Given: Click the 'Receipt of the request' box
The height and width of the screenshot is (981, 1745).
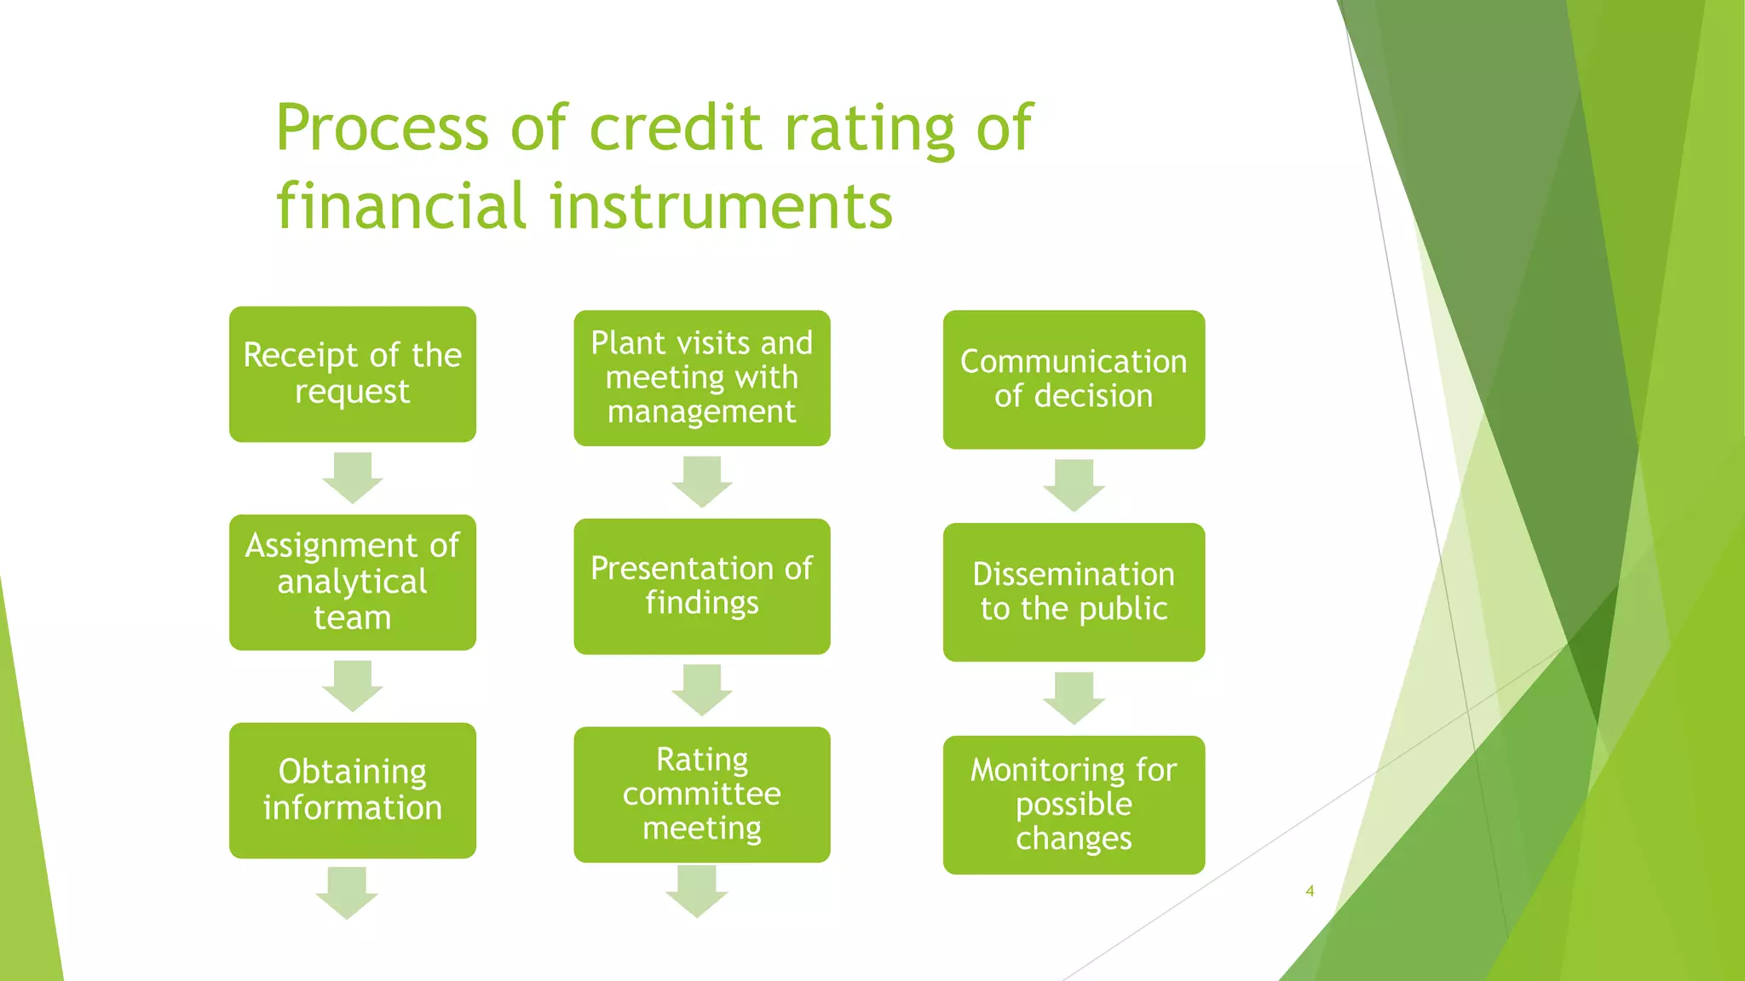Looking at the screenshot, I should (x=352, y=374).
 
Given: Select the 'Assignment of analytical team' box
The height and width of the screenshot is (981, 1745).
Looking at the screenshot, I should (x=352, y=582).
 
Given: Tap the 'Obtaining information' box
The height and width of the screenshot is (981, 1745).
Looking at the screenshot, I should (x=352, y=790).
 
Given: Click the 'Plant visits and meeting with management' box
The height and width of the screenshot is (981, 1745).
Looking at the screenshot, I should (x=701, y=378).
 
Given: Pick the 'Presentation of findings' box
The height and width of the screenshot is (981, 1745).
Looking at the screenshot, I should (x=701, y=586).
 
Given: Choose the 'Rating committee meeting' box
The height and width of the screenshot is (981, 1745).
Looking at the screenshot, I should (x=701, y=795).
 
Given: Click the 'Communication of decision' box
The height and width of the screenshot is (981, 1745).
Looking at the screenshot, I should (x=1074, y=380).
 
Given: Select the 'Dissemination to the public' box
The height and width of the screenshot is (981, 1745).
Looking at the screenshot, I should (x=1074, y=592).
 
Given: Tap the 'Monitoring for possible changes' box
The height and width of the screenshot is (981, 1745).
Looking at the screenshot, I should (x=1074, y=805).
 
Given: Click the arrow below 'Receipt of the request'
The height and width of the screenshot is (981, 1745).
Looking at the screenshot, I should (x=352, y=478).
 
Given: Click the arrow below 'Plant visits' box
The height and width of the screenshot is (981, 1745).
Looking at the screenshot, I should (x=701, y=482).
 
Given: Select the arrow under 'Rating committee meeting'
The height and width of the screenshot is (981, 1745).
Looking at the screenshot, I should (x=696, y=891).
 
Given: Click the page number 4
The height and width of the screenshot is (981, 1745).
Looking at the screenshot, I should (x=1310, y=891).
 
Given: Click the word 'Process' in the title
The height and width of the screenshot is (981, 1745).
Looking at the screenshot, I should (x=382, y=128).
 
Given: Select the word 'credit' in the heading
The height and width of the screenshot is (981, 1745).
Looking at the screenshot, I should (x=675, y=128).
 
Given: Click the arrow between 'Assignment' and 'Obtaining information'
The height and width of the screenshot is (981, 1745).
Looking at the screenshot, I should (x=352, y=686).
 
